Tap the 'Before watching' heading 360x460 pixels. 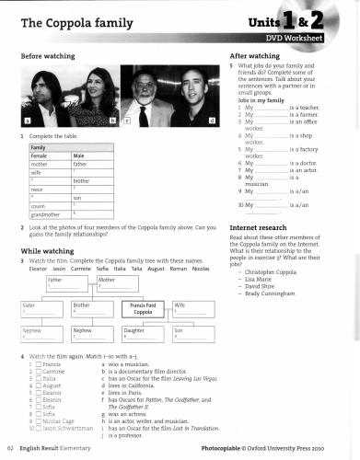[47, 56]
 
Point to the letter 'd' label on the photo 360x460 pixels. [212, 121]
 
